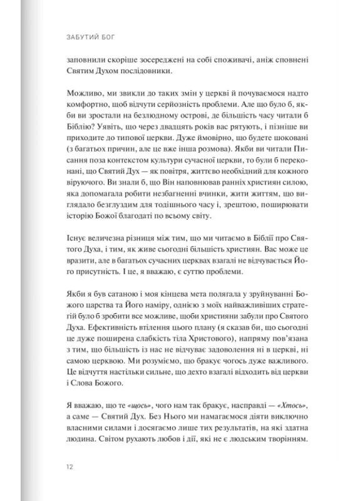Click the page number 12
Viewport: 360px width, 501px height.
69,467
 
